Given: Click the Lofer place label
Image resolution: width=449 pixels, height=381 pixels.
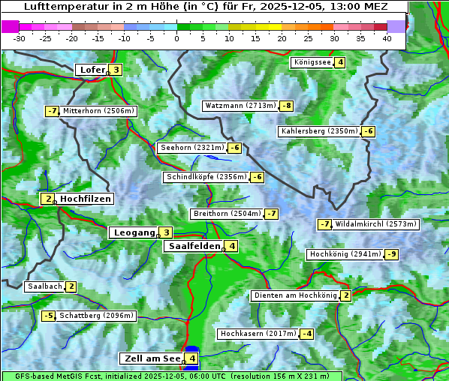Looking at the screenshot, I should tap(92, 70).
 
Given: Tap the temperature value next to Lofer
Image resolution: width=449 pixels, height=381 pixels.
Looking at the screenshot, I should tap(116, 70).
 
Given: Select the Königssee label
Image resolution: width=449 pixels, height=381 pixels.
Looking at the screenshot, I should tap(312, 62).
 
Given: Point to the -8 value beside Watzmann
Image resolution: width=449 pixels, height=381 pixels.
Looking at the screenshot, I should tap(286, 106).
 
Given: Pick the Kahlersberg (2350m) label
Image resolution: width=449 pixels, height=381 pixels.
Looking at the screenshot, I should tap(319, 131).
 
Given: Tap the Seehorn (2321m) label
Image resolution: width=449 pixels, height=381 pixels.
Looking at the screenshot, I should tap(192, 148).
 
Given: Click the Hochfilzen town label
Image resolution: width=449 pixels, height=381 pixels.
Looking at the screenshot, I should tap(86, 199).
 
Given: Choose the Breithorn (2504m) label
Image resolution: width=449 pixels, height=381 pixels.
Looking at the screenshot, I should tap(226, 214).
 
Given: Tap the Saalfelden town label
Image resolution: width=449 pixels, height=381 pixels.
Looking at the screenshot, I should tap(194, 246).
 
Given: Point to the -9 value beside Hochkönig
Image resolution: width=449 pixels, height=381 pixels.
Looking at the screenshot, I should tap(391, 254).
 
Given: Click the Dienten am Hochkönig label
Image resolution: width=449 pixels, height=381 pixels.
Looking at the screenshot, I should tap(294, 295).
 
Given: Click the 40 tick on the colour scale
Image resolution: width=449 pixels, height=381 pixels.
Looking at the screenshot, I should tap(387, 37).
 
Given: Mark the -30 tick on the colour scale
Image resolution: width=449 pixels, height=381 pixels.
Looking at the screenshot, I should tap(20, 37).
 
